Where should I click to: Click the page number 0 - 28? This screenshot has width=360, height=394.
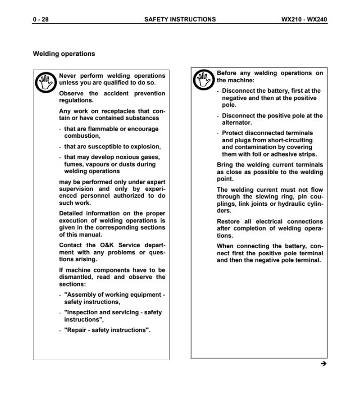pos(41,20)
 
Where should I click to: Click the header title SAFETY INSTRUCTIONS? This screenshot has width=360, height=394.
pos(180,20)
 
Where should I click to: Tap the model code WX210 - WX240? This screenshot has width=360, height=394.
pos(304,20)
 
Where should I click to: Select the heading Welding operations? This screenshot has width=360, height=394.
pos(64,53)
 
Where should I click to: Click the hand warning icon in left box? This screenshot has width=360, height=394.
pos(46,83)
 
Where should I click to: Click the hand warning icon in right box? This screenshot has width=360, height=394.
pos(204,80)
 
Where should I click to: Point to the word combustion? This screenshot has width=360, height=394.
pos(82,136)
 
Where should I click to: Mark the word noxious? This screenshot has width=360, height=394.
pos(127,157)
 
